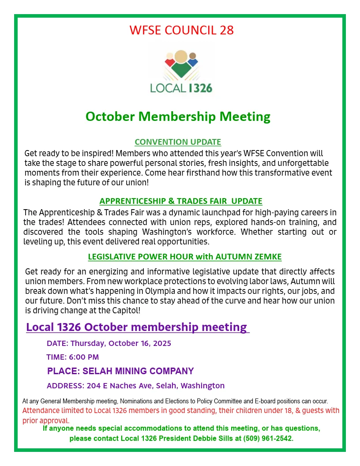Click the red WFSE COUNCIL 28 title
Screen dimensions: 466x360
(x=181, y=30)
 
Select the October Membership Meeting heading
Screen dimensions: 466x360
(x=178, y=116)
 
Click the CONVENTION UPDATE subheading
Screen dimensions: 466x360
(x=178, y=142)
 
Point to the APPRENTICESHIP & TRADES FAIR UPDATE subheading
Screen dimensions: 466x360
(x=181, y=201)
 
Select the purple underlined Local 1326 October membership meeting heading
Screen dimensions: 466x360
(x=136, y=327)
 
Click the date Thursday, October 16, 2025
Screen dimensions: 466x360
(x=120, y=343)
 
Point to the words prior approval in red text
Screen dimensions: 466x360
(x=46, y=420)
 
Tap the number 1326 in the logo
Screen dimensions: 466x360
(x=200, y=88)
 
